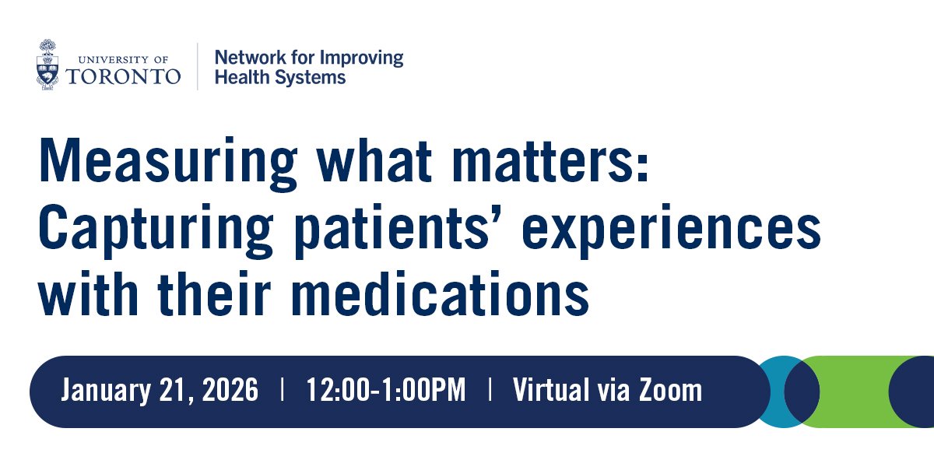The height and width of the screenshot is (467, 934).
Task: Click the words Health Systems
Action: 279,77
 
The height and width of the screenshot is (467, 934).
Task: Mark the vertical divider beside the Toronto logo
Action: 197,66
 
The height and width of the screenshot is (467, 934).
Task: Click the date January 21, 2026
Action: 160,391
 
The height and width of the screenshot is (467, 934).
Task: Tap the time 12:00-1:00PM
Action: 386,391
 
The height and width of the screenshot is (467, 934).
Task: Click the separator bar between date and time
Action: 282,391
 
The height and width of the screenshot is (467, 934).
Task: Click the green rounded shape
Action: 852,392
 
